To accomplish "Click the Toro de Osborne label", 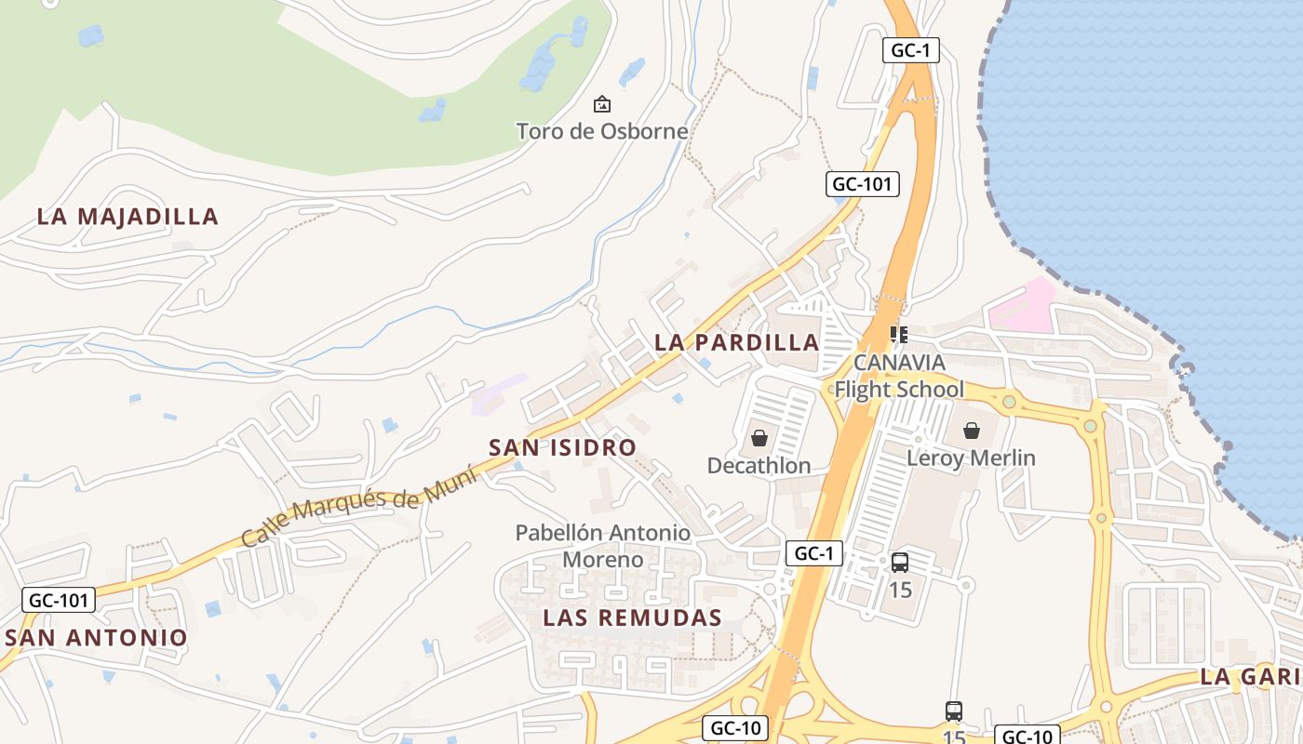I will pos(602,131).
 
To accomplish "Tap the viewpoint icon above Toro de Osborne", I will pos(602,104).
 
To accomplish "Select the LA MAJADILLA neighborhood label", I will pos(128,217).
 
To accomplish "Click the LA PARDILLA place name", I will pos(736,342).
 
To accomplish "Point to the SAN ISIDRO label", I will pos(562,447).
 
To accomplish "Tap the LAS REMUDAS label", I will pos(632,618).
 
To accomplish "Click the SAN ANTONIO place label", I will pos(96,638).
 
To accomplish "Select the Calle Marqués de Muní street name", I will pos(358,507).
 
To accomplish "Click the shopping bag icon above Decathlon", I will pos(759,438).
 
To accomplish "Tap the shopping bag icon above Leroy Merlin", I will pos(972,431).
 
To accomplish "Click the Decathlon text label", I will pos(759,465).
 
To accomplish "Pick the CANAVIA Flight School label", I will pos(899,376).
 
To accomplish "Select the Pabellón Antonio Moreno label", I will pos(603,546).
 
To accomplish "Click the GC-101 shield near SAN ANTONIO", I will pos(59,600).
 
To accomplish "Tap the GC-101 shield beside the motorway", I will pos(862,184).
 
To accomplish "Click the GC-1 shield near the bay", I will pos(910,51).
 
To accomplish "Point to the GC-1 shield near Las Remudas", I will pos(813,553).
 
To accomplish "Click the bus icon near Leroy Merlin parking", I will pos(900,563).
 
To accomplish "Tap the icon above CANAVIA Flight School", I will pos(898,334).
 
